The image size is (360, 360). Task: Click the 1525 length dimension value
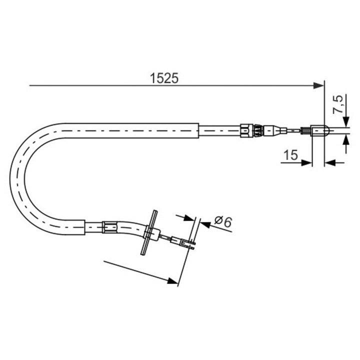(x=164, y=78)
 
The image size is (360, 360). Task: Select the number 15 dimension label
(x=289, y=155)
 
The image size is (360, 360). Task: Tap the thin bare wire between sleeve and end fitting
(x=295, y=131)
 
